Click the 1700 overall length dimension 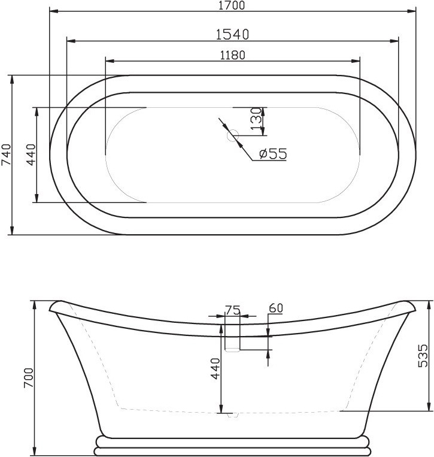click(x=232, y=5)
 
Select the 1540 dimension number click(x=232, y=34)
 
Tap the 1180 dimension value click(x=232, y=55)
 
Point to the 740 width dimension click(x=7, y=155)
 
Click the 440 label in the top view click(x=31, y=155)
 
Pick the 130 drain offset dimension click(x=256, y=119)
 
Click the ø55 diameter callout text click(x=272, y=153)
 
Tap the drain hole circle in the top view click(x=233, y=135)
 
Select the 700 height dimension click(x=29, y=378)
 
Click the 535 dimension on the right click(x=423, y=356)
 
